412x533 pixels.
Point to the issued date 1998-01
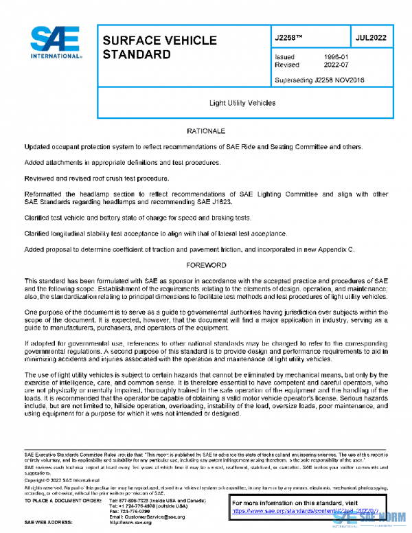(335, 57)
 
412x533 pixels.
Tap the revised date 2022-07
(335, 65)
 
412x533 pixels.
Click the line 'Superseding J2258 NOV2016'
(319, 80)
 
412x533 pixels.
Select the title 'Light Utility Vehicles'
(242, 103)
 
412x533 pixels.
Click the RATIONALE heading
(205, 131)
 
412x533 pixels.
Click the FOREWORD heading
(205, 264)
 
